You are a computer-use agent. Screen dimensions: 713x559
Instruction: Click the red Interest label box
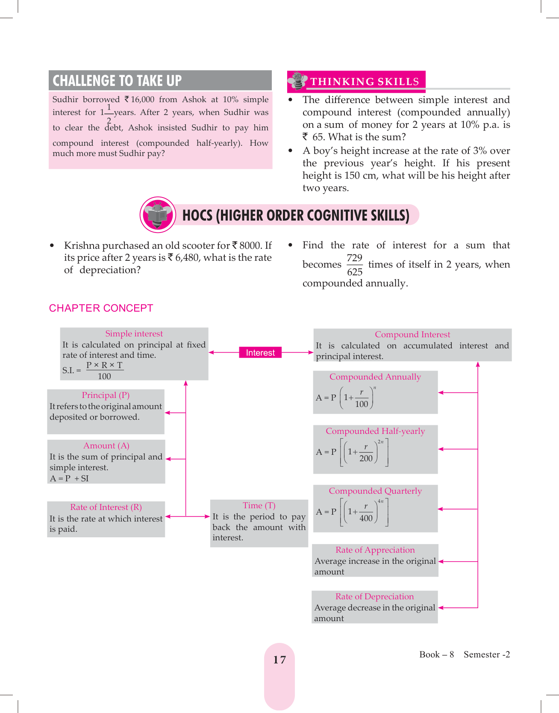260,353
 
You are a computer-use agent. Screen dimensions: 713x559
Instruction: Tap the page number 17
279,660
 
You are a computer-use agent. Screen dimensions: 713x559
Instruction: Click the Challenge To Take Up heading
117,81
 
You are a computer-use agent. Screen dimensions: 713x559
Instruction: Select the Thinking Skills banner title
365,82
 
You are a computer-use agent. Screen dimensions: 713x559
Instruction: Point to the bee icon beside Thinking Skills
297,80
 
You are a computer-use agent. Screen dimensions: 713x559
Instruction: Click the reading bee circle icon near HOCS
158,215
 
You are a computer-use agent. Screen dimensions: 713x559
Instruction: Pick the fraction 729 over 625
354,265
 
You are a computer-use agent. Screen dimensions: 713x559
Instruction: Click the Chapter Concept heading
101,308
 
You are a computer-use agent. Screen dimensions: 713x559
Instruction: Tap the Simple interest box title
134,334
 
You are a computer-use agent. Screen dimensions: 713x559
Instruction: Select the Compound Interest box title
412,335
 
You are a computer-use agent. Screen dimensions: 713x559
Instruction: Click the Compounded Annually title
375,377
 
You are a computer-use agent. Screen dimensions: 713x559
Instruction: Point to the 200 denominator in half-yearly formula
366,459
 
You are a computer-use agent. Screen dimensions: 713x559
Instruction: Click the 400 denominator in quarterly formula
366,519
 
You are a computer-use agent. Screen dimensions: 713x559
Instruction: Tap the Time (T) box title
259,506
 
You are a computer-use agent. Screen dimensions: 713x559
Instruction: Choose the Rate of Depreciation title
374,597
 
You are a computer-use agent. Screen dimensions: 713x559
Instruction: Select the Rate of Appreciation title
375,550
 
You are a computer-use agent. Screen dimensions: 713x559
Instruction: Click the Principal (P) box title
106,395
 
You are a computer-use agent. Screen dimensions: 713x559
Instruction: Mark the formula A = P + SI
69,479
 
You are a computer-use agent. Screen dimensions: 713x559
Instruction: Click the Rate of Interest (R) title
106,507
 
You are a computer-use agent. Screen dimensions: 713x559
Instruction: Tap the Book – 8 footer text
436,655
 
